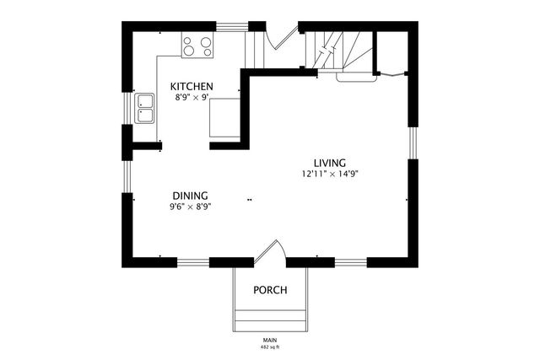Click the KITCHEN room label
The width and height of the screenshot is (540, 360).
(192, 87)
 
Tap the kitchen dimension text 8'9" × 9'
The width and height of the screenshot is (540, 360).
(192, 98)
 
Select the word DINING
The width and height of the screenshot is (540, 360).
(191, 195)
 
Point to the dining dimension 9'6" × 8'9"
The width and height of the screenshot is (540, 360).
(191, 207)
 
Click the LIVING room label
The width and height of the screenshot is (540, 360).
(331, 163)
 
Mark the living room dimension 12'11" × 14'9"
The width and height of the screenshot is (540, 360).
(331, 175)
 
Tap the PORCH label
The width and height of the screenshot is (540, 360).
(270, 291)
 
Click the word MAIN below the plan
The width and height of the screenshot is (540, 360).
(270, 340)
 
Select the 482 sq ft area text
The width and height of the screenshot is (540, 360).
(270, 347)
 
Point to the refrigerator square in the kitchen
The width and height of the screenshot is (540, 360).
(224, 116)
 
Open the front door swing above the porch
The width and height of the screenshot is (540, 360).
(270, 253)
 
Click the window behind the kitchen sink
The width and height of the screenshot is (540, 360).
(128, 108)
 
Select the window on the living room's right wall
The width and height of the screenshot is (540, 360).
(411, 142)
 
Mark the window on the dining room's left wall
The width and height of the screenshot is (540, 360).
(128, 177)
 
